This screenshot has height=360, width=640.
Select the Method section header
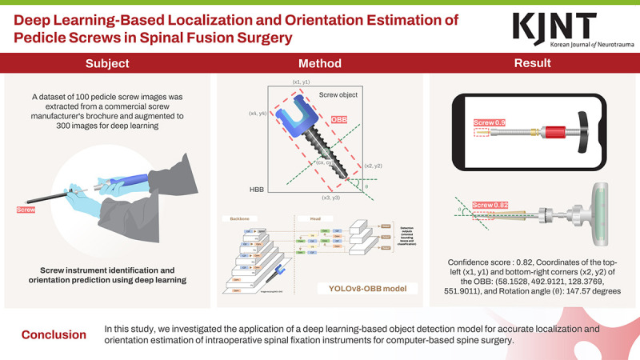(320, 63)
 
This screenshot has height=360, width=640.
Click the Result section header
(533, 63)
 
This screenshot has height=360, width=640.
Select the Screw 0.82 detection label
(492, 206)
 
